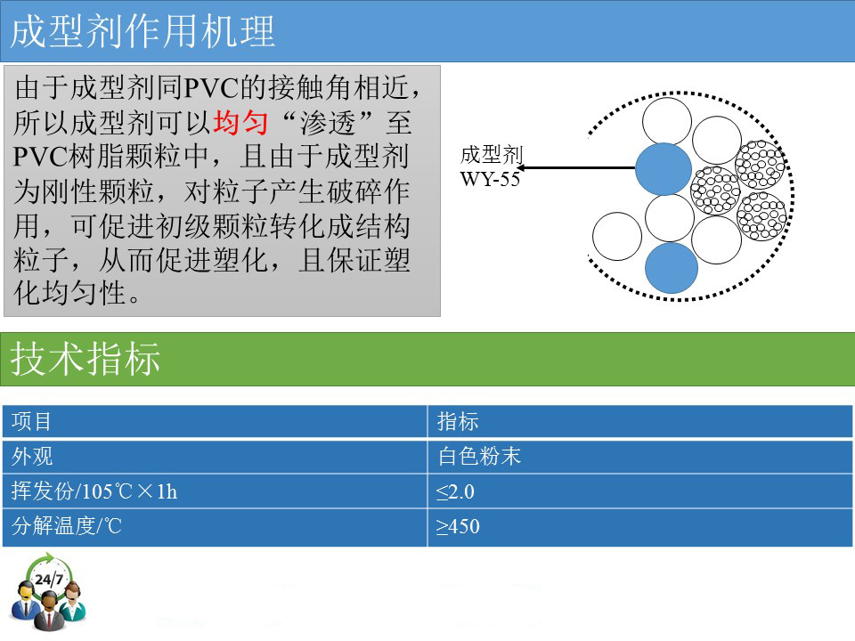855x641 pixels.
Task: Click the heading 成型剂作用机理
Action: [x=142, y=31]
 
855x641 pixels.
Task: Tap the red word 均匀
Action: [x=240, y=122]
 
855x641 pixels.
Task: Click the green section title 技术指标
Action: [x=85, y=359]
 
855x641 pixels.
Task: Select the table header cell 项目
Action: [x=32, y=421]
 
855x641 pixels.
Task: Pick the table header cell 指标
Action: [x=458, y=421]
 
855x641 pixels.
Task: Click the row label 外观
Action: [x=32, y=456]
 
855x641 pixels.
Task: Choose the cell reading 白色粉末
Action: [x=479, y=456]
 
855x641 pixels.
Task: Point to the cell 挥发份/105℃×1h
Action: [x=94, y=491]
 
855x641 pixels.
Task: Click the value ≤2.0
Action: [x=455, y=491]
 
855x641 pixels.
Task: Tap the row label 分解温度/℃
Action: [x=67, y=526]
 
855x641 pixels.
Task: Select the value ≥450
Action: [x=458, y=526]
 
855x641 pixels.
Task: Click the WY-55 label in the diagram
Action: [x=490, y=179]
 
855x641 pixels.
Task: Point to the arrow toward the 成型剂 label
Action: [x=576, y=168]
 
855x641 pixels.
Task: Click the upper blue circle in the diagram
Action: [x=664, y=169]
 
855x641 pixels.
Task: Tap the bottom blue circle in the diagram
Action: [x=672, y=268]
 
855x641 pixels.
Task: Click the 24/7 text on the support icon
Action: [x=48, y=579]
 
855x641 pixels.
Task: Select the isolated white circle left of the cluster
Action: [x=617, y=236]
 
